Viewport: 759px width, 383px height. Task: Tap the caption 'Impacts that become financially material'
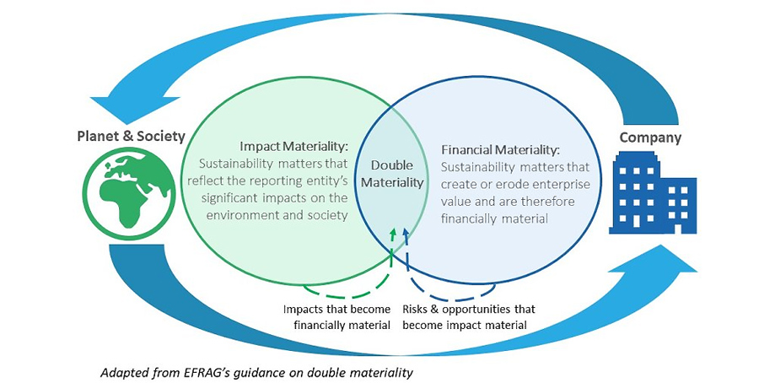tap(336, 317)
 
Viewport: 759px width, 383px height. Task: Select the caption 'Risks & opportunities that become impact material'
tap(468, 317)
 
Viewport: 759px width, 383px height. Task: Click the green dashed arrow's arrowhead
tap(394, 231)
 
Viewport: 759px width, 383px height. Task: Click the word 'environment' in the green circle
tap(235, 215)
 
